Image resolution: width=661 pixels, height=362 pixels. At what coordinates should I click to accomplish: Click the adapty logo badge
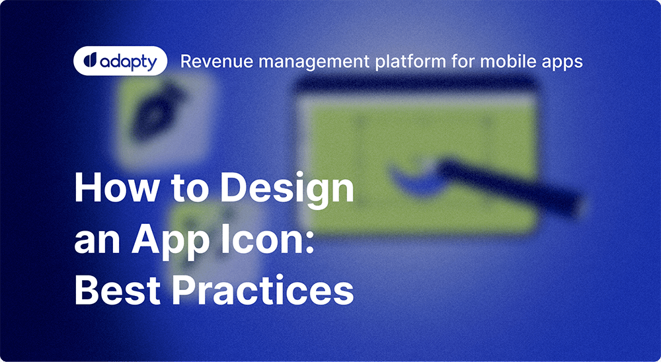coord(120,61)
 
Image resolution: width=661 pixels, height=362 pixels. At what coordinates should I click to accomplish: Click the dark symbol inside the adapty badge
coord(90,61)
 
